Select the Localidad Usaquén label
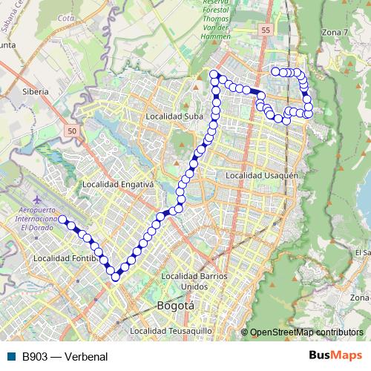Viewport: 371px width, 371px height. [262, 176]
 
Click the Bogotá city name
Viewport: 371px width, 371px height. [176, 306]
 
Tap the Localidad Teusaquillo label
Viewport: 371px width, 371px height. [171, 331]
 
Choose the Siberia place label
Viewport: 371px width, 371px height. [36, 91]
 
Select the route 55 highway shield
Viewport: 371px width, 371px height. [266, 30]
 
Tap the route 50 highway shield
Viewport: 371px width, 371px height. [71, 131]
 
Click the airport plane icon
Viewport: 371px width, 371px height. [38, 200]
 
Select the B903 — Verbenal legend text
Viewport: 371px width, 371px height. [65, 357]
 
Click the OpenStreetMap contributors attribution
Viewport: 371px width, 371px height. [306, 332]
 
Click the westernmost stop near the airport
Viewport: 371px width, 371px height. [62, 220]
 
